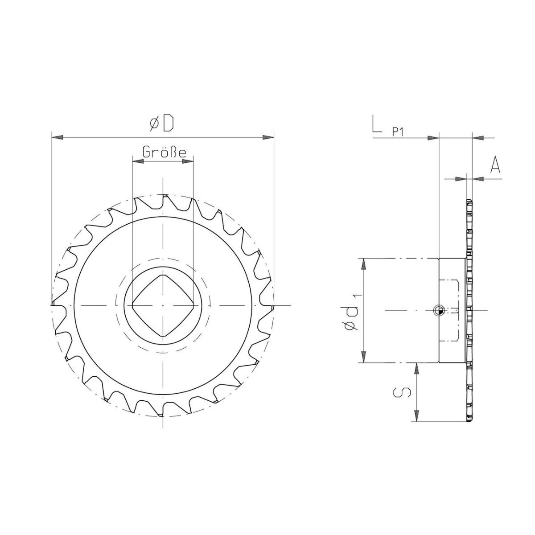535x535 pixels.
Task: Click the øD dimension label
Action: click(162, 123)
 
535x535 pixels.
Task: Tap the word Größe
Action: click(164, 152)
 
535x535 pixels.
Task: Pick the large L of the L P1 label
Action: click(377, 124)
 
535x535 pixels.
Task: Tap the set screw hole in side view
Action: click(439, 310)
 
